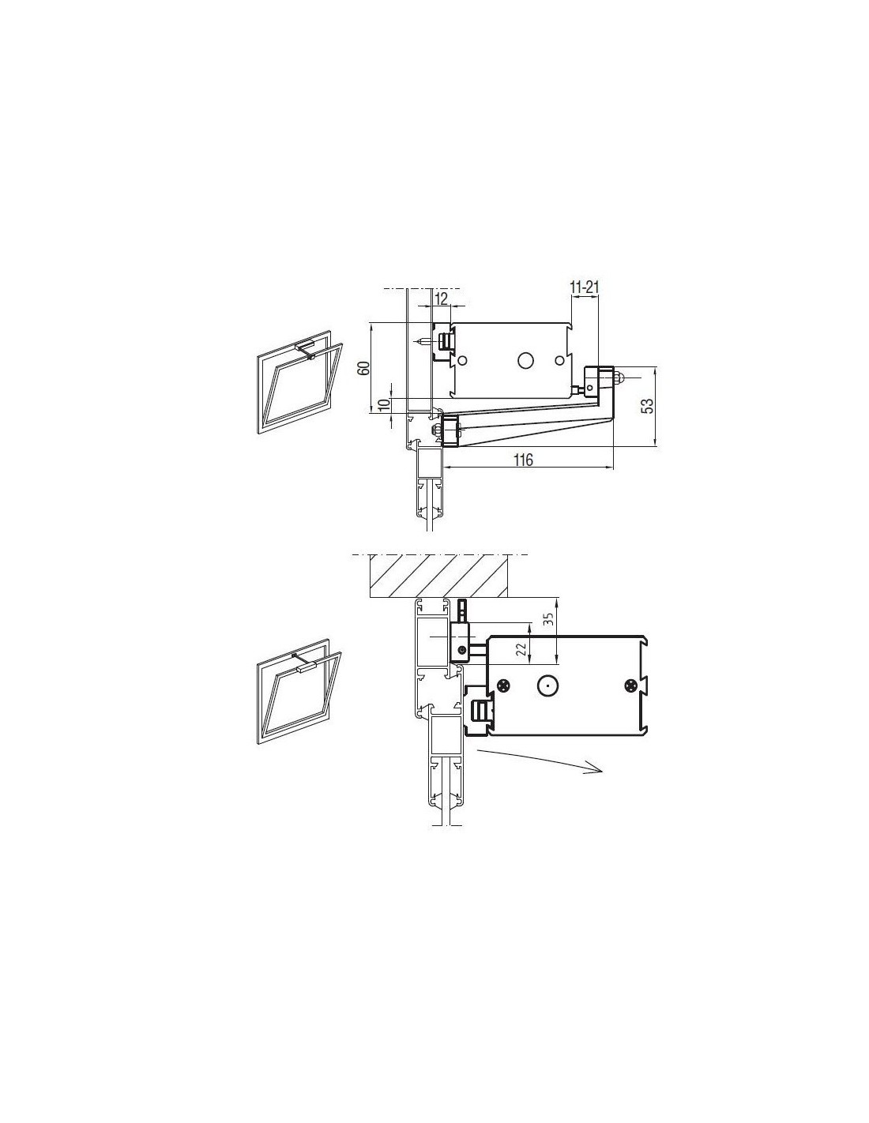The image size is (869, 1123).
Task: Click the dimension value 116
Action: [x=524, y=459]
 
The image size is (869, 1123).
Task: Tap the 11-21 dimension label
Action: [x=584, y=287]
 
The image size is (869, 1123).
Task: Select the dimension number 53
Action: [x=647, y=405]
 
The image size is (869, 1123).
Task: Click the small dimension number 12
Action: [x=441, y=299]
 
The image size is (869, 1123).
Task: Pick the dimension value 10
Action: [x=384, y=406]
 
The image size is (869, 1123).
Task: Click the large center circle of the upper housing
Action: [x=525, y=360]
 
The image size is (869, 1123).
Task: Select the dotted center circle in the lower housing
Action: [x=546, y=685]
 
